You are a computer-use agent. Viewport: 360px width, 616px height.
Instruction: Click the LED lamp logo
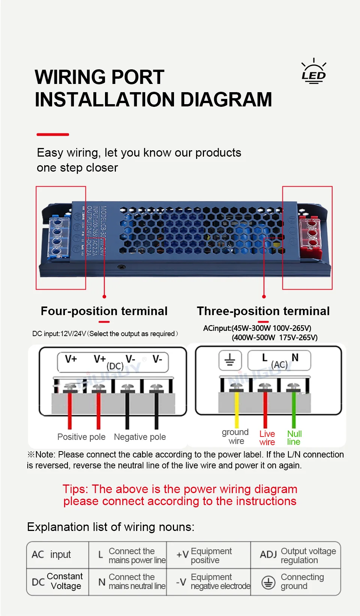(x=313, y=72)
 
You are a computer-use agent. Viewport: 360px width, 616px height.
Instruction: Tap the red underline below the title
(x=52, y=134)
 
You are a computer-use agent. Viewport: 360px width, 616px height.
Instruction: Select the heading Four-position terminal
(x=104, y=311)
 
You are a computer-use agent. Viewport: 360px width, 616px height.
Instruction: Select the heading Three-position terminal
(x=263, y=311)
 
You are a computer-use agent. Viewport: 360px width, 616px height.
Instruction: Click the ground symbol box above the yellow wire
(x=229, y=360)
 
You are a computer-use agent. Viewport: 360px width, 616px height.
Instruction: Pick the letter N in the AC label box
(x=295, y=358)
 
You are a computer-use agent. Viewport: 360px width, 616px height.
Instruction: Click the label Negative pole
(x=139, y=437)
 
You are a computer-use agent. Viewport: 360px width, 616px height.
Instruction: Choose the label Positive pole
(x=81, y=437)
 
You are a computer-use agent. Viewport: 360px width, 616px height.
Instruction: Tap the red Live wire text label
(x=267, y=438)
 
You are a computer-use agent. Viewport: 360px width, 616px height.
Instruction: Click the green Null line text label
(x=294, y=438)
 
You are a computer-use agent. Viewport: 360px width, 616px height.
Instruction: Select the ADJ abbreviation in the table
(x=268, y=554)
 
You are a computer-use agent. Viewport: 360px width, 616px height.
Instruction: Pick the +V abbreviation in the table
(x=182, y=555)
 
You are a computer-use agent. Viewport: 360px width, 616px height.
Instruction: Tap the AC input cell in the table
(x=51, y=555)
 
